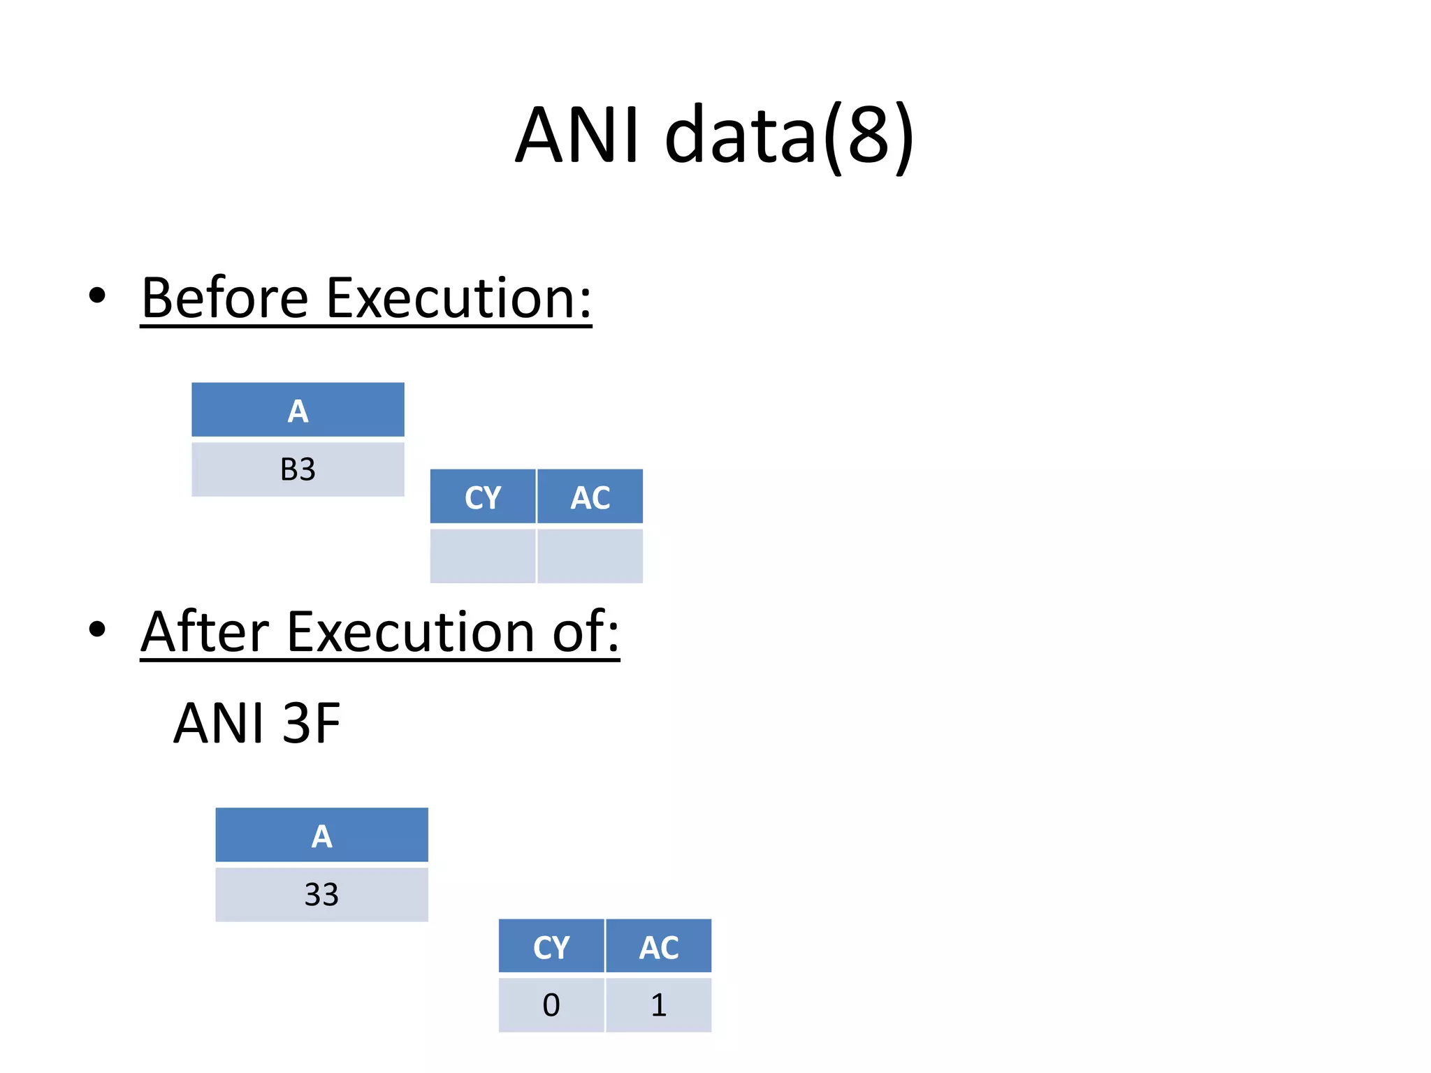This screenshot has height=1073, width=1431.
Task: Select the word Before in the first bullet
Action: click(x=224, y=298)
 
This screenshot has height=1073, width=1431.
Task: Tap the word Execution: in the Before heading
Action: click(x=458, y=298)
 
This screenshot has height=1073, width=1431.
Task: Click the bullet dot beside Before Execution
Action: click(x=97, y=295)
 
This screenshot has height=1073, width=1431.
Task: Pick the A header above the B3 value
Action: click(x=298, y=411)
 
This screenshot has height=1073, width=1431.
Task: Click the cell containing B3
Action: click(x=298, y=469)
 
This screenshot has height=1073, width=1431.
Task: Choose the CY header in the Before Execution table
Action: click(x=483, y=497)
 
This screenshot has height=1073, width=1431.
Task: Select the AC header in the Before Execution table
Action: click(x=590, y=497)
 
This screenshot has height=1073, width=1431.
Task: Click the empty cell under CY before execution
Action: click(x=483, y=555)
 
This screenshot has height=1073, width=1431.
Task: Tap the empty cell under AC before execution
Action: click(x=590, y=555)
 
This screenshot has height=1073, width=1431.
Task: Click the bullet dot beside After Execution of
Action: click(x=97, y=629)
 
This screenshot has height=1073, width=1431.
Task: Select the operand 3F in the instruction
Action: click(x=312, y=723)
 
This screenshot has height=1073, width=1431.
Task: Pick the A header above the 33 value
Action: click(x=321, y=835)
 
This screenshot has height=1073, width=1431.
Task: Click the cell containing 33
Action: click(x=321, y=895)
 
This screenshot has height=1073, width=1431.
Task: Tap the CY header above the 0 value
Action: click(x=551, y=947)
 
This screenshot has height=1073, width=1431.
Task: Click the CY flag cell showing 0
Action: click(x=551, y=1005)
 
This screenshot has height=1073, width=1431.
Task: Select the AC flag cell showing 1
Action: click(x=659, y=1005)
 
